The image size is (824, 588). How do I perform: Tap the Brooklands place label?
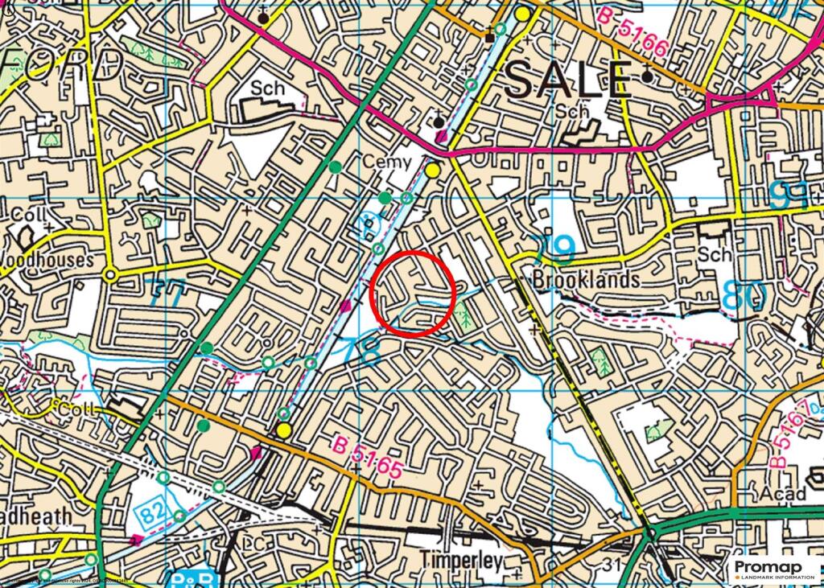coord(587,280)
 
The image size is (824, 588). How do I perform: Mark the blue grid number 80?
coord(743,295)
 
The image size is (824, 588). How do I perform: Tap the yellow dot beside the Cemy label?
coord(433,171)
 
